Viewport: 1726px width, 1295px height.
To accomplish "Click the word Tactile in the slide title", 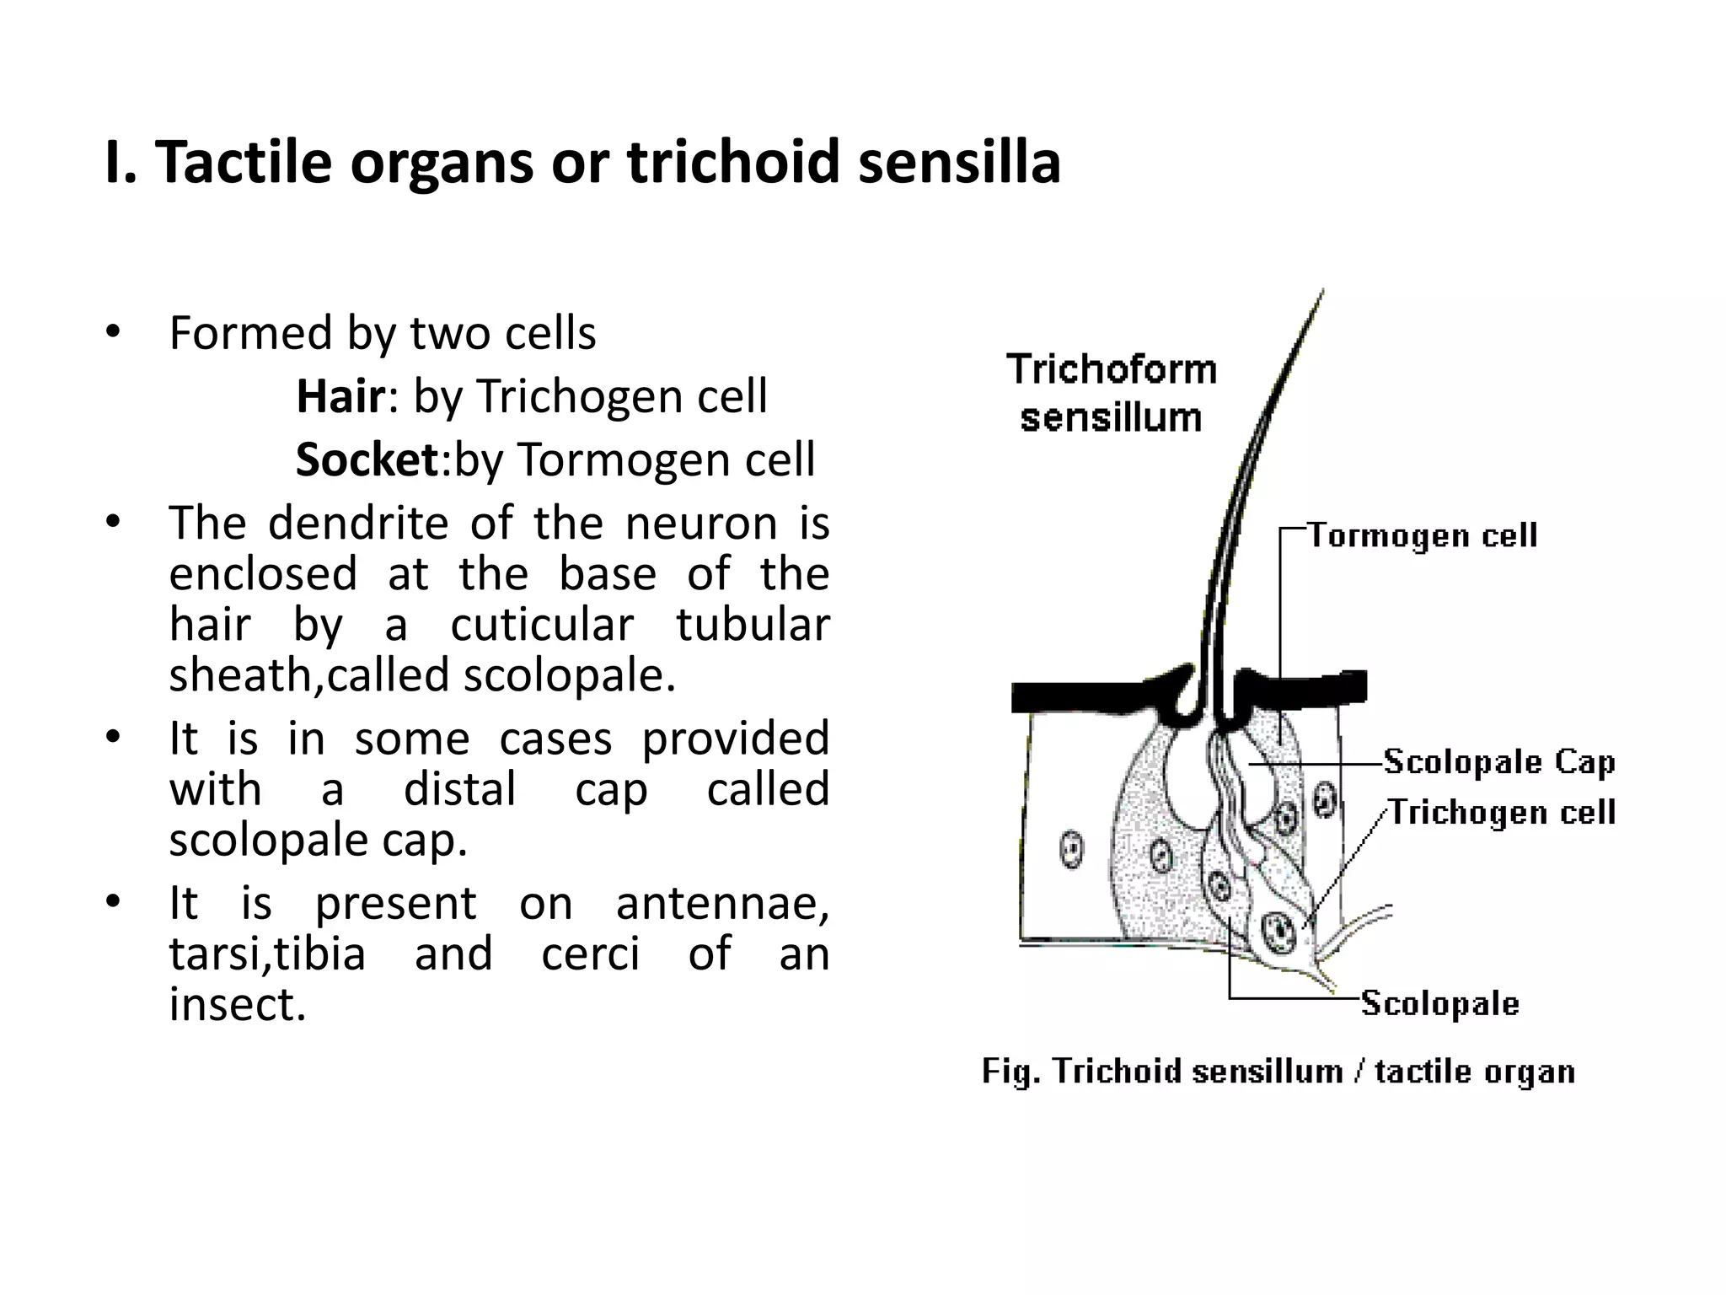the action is click(x=244, y=162).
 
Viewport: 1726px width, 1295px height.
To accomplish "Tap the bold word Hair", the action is click(x=340, y=396).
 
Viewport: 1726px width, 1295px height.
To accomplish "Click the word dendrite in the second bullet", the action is click(x=358, y=524).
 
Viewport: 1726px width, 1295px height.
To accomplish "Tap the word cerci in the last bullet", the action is click(x=590, y=954).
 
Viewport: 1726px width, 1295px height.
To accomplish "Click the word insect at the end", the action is click(x=237, y=1005).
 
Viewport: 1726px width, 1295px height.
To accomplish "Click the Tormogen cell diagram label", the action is click(x=1422, y=535).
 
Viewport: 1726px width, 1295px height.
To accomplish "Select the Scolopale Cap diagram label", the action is click(x=1499, y=761).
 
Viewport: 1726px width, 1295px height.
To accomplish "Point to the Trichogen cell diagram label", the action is click(x=1502, y=813).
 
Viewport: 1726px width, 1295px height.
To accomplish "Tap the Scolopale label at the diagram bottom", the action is click(x=1439, y=1003).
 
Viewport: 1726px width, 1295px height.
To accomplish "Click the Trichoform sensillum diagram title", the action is click(x=1112, y=394).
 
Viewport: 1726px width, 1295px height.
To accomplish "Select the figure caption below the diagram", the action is click(x=1278, y=1072).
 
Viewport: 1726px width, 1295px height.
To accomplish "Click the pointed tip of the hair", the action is click(x=1321, y=292).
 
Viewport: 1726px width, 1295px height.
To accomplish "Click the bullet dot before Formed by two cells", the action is click(x=113, y=332).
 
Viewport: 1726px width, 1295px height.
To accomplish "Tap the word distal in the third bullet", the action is click(x=460, y=790).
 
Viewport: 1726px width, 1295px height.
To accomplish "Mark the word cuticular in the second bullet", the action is click(x=542, y=626).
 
